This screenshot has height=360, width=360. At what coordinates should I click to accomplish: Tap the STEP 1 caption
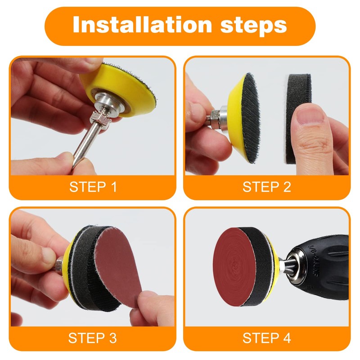[x=93, y=187]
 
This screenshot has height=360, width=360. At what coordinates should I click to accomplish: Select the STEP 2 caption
[x=267, y=187]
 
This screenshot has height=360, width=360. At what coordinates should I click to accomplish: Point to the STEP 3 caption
[x=93, y=337]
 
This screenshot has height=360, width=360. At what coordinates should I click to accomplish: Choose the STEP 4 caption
[x=267, y=337]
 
